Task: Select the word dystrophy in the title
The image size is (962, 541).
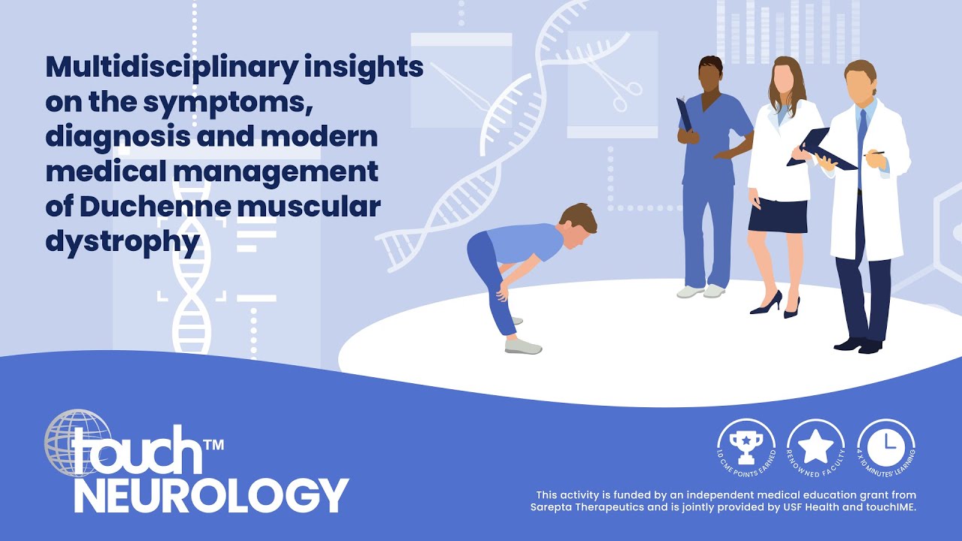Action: pyautogui.click(x=123, y=241)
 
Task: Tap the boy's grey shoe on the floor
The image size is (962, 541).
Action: pyautogui.click(x=523, y=347)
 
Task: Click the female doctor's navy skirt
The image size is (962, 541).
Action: pyautogui.click(x=778, y=216)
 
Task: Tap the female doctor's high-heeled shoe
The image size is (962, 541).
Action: pyautogui.click(x=767, y=304)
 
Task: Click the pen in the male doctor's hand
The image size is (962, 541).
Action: pyautogui.click(x=875, y=153)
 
